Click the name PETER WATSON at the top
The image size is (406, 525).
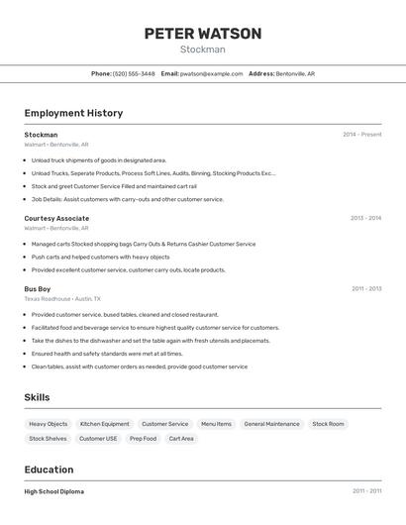(x=203, y=34)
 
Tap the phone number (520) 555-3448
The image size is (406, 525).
(x=134, y=73)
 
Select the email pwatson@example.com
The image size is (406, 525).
(x=212, y=73)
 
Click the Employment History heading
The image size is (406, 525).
(x=73, y=113)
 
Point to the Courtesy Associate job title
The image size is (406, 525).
(x=56, y=218)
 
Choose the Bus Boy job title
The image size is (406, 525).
(x=38, y=288)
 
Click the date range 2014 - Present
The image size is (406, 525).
(x=361, y=135)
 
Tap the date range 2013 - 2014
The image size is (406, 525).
(x=365, y=218)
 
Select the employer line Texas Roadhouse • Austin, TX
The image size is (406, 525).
(x=62, y=298)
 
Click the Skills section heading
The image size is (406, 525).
(x=38, y=397)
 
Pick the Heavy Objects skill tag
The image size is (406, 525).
(x=49, y=424)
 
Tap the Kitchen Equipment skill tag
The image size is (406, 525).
(x=105, y=424)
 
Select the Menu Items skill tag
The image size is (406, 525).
(x=216, y=424)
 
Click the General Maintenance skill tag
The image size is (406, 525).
(x=271, y=424)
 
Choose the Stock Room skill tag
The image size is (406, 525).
(x=328, y=424)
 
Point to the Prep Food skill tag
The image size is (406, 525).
(x=143, y=438)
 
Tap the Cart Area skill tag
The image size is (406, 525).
(x=181, y=438)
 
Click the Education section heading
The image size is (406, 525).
(x=49, y=470)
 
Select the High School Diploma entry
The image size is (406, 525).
(x=54, y=491)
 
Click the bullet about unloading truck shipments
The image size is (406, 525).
(x=99, y=159)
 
